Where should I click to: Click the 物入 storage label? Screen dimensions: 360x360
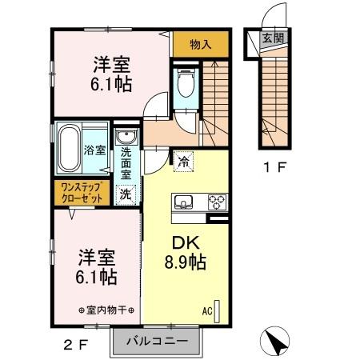click(x=201, y=45)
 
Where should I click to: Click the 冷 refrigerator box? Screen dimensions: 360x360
click(x=184, y=161)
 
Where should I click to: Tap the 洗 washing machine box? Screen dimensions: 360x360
click(x=126, y=193)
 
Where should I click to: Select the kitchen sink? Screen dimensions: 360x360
click(x=182, y=202)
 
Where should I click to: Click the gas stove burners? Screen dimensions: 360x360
click(x=217, y=202)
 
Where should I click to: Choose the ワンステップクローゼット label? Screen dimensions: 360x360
click(x=79, y=192)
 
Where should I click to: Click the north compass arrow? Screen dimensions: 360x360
click(x=278, y=342)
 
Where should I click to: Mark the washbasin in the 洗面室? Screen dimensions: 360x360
click(x=126, y=139)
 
